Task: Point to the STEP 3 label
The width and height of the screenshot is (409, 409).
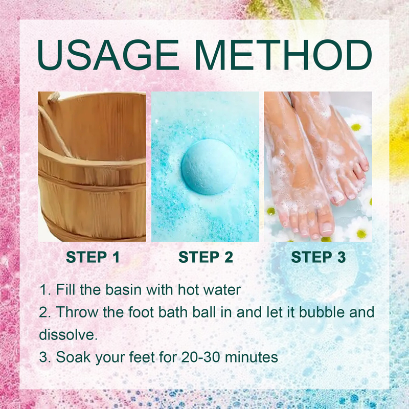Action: click(x=318, y=258)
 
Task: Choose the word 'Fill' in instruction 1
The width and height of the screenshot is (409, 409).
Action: click(x=67, y=289)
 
